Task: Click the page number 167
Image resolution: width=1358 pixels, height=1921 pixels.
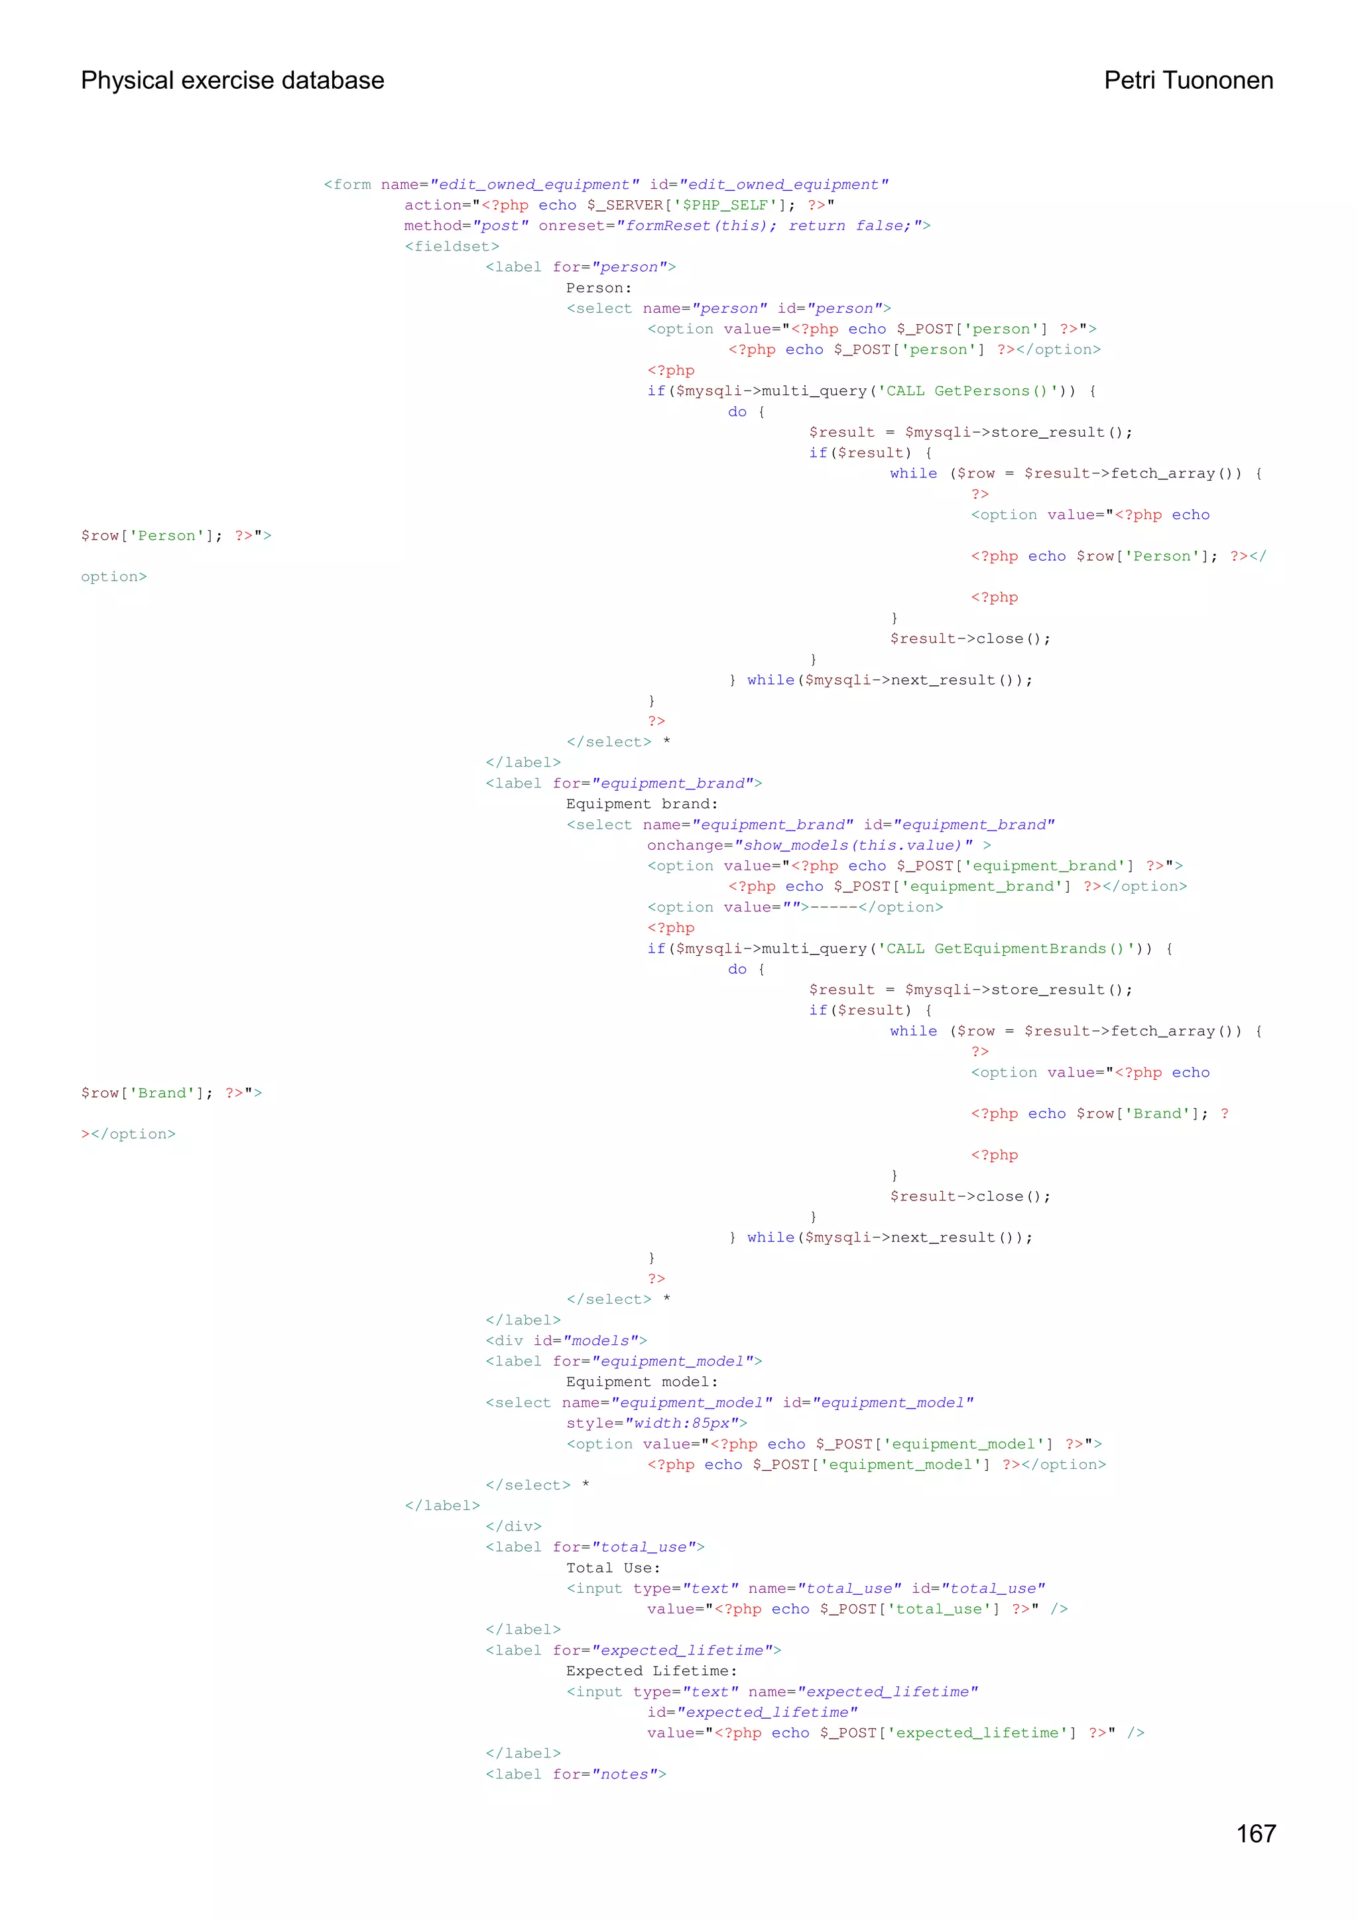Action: click(1255, 1832)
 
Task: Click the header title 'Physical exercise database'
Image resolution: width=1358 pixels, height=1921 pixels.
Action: click(233, 80)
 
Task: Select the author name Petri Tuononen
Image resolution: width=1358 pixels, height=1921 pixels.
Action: click(1188, 80)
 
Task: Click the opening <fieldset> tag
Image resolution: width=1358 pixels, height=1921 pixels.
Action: click(452, 247)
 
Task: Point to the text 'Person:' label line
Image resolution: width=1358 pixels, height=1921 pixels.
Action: click(599, 288)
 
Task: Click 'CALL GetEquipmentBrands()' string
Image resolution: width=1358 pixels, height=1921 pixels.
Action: click(1005, 949)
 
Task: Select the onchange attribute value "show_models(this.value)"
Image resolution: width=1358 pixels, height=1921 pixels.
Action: click(853, 845)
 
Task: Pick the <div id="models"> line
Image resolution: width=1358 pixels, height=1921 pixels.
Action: click(566, 1340)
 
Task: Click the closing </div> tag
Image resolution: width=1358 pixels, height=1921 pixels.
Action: click(514, 1526)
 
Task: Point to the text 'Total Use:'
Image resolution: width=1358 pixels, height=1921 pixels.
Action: click(613, 1568)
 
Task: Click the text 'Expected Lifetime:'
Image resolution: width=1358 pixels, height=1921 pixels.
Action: click(652, 1671)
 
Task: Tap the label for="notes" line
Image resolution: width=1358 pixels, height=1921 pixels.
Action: click(576, 1774)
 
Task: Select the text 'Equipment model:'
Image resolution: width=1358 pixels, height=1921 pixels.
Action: click(642, 1382)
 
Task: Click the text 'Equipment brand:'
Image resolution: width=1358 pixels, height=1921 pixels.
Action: click(642, 804)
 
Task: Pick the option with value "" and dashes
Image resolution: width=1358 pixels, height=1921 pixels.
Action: click(795, 907)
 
